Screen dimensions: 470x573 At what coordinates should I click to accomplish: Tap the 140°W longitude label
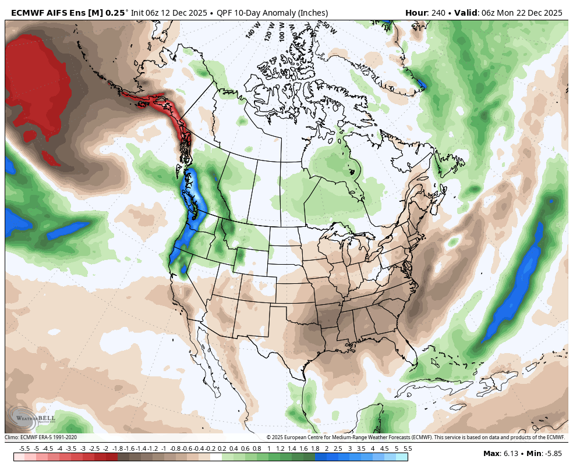[x=252, y=31]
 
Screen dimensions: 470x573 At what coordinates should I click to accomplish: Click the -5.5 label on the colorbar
[x=24, y=448]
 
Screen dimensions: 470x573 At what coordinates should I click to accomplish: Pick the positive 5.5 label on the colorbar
[x=408, y=448]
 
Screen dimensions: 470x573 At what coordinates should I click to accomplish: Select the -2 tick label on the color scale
[x=105, y=448]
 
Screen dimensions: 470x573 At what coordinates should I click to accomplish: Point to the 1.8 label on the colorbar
[x=315, y=448]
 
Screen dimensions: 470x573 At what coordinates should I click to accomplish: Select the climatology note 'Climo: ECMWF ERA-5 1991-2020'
[x=41, y=437]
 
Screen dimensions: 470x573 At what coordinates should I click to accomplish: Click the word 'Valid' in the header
[x=466, y=13]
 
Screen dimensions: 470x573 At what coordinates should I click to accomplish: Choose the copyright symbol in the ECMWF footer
[x=269, y=437]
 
